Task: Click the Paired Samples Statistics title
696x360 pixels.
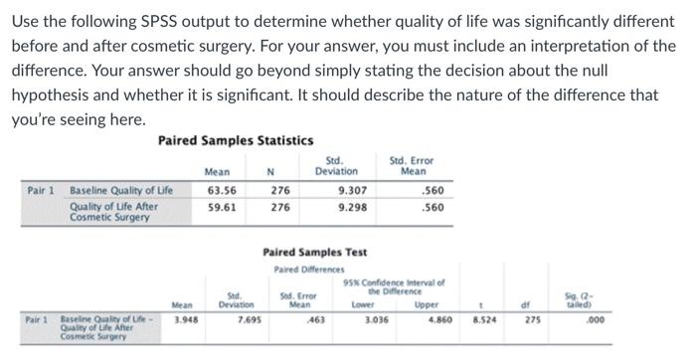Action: (236, 141)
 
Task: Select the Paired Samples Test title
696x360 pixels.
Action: (314, 253)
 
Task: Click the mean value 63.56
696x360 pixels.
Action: (221, 190)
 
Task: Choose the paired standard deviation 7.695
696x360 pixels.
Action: (249, 322)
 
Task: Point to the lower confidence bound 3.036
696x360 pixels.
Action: (377, 322)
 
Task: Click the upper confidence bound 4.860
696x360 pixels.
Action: (438, 322)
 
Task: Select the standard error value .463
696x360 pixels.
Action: (317, 322)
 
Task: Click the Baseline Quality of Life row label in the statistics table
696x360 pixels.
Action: (121, 190)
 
